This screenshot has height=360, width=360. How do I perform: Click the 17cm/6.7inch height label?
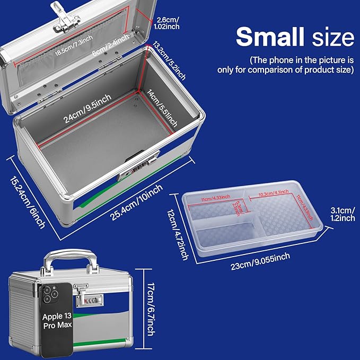click(151, 309)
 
